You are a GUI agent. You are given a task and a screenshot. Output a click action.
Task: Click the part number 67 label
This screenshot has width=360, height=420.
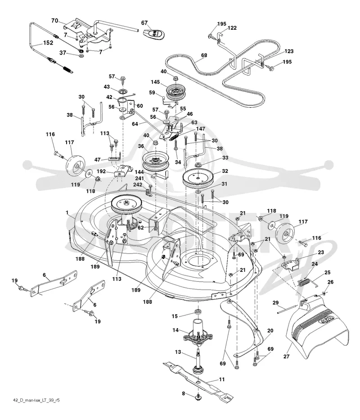tap(144, 23)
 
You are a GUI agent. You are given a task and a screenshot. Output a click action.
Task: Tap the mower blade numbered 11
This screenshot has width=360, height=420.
tap(198, 380)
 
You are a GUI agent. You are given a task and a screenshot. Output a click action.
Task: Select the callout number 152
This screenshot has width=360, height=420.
tap(48, 43)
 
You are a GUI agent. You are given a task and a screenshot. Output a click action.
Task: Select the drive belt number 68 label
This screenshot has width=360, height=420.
tap(204, 55)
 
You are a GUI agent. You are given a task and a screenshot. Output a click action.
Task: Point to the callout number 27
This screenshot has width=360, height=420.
tap(286, 357)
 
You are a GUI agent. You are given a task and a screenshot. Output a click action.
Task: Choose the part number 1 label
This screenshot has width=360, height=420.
tap(67, 212)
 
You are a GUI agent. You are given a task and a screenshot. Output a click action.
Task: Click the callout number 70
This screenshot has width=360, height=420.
tap(54, 20)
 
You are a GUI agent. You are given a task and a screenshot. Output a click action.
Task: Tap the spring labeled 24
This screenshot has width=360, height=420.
tap(304, 282)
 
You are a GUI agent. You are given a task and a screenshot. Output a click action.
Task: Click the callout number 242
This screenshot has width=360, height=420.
tap(139, 185)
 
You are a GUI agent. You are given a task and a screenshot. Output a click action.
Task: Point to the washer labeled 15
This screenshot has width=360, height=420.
tap(198, 312)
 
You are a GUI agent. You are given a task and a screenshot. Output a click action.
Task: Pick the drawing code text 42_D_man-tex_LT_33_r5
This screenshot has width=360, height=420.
tap(36, 400)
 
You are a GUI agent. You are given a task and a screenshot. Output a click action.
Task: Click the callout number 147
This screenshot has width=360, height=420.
tap(200, 129)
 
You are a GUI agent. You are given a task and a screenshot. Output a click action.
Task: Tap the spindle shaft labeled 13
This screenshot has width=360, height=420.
tap(198, 361)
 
